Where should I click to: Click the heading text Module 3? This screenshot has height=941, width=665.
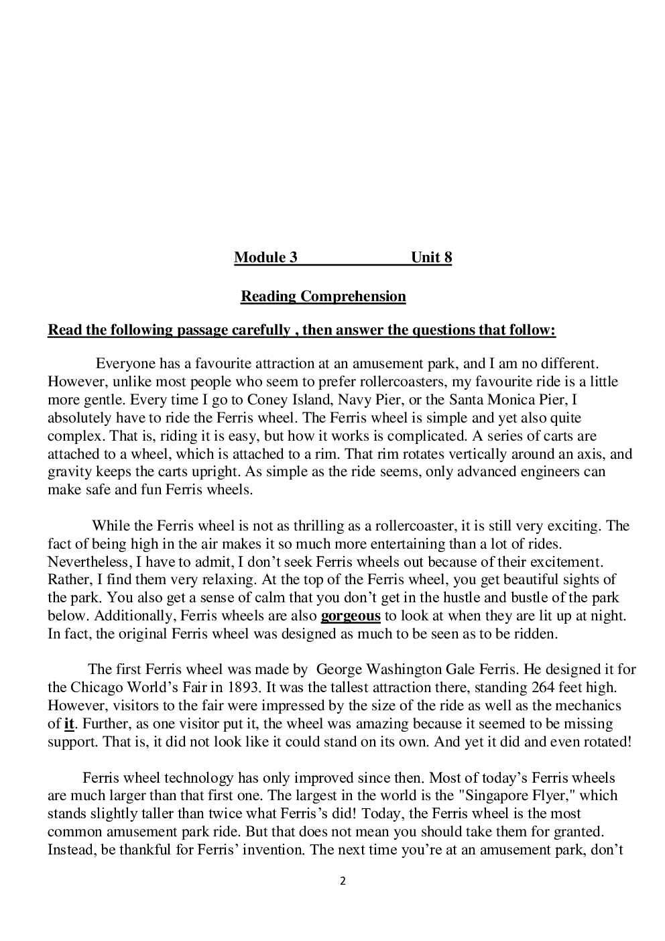click(265, 258)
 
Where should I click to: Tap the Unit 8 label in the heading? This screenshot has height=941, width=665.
click(431, 258)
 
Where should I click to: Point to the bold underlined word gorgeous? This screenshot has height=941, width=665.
click(351, 616)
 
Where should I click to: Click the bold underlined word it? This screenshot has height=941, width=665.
click(68, 724)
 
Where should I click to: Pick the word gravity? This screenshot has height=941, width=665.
click(70, 472)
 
